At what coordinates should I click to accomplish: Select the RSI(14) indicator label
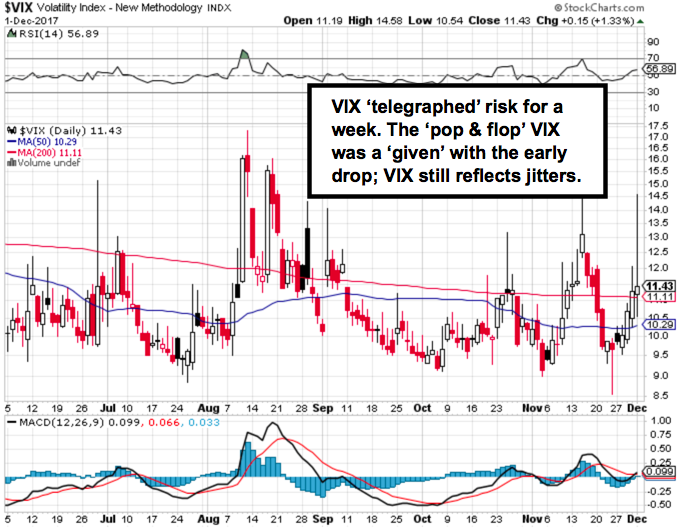point(35,32)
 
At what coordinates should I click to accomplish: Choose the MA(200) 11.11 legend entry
point(49,152)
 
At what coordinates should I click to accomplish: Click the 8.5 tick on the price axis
point(657,396)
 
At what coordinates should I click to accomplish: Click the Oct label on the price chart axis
point(422,408)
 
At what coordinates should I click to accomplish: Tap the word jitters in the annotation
point(552,174)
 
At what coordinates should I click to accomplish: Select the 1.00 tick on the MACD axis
point(658,421)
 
